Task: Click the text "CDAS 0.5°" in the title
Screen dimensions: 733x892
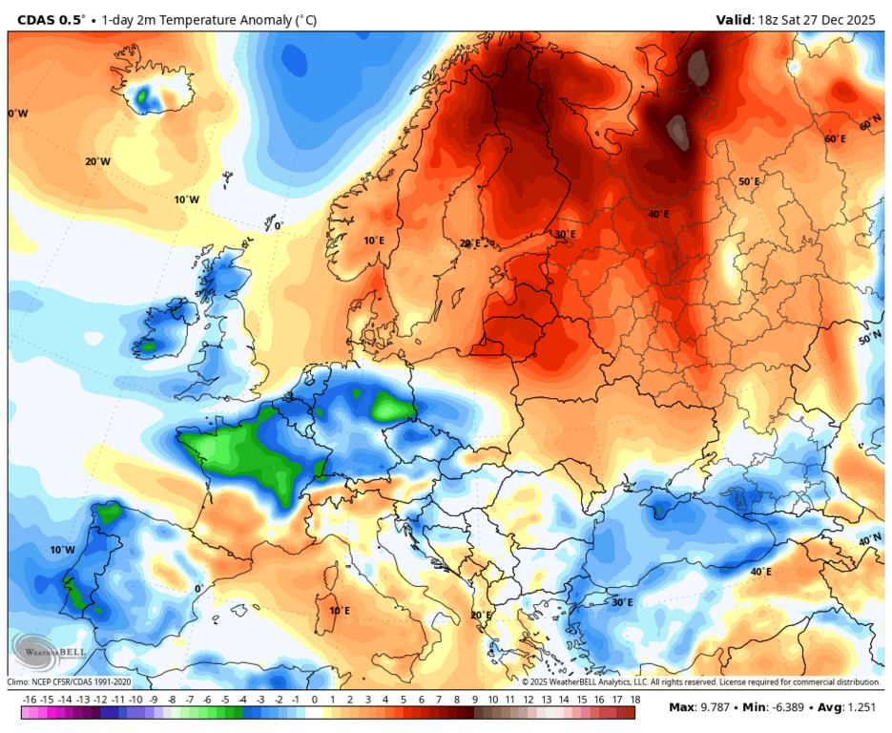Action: (51, 19)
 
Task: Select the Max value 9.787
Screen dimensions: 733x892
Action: (716, 707)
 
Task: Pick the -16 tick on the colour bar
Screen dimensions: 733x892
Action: (31, 701)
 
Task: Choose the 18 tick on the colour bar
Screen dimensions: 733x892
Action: (634, 701)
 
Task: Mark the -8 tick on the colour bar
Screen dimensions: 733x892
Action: (173, 701)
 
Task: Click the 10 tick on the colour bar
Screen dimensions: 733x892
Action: (492, 701)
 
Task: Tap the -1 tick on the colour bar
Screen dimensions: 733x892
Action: (297, 701)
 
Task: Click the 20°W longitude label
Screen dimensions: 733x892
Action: (97, 161)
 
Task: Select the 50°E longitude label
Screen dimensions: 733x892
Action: (749, 181)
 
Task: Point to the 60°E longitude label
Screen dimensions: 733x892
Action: (835, 139)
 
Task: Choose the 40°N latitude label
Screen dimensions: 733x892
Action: (869, 540)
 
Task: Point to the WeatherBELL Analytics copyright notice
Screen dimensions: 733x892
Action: (700, 682)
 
